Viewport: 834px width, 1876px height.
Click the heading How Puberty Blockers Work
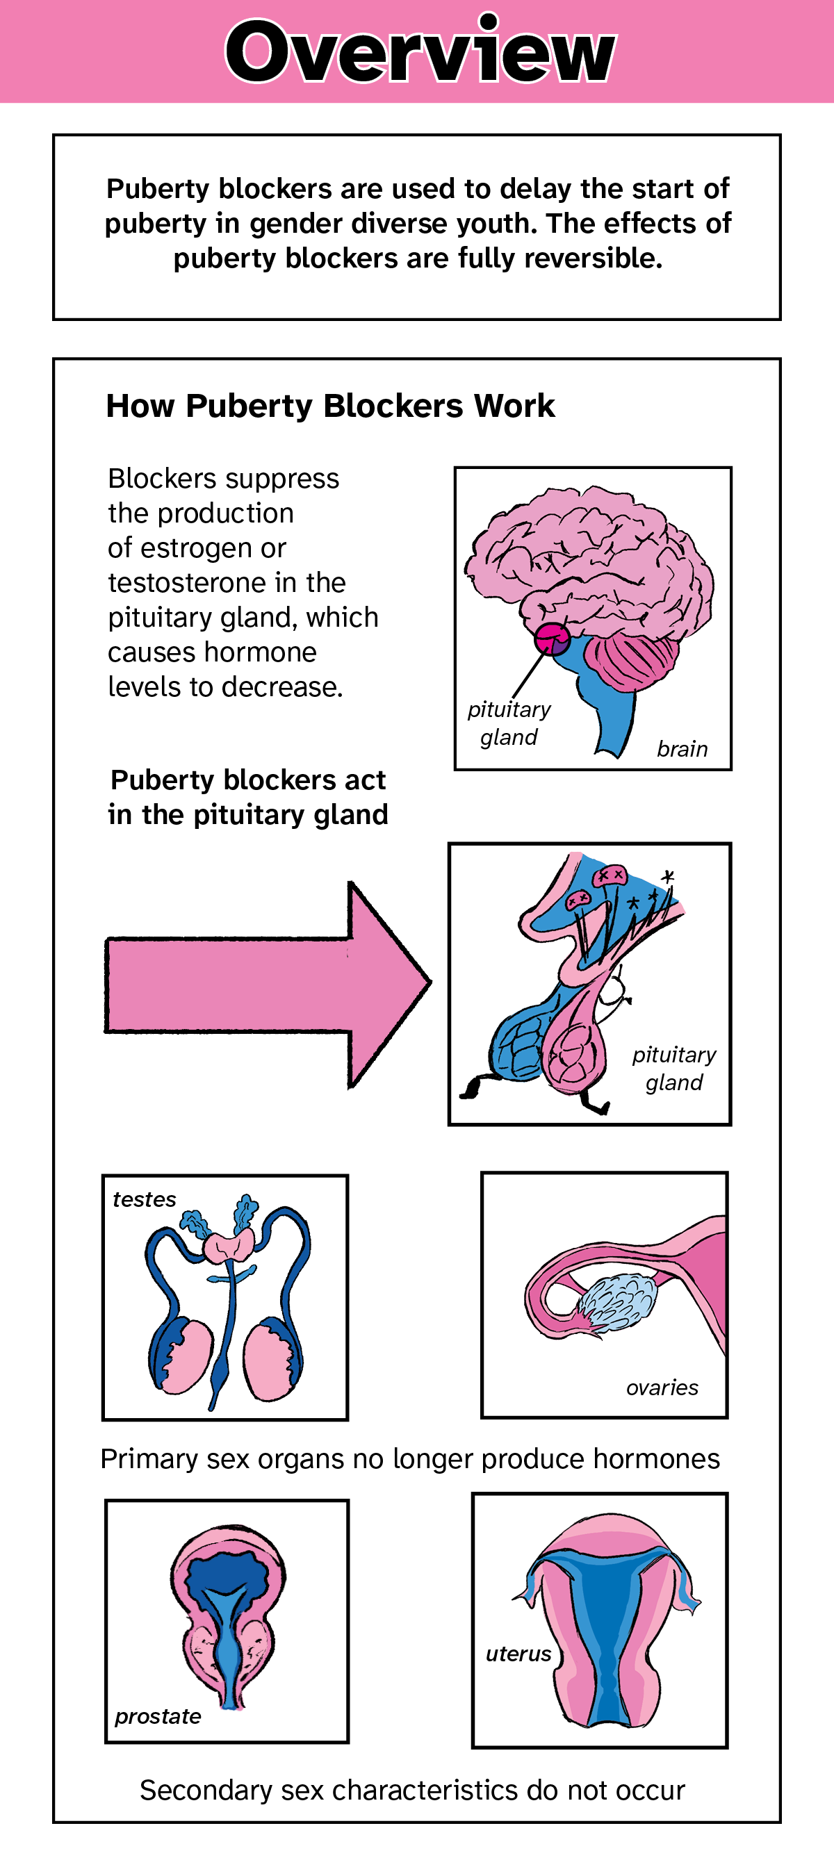(x=330, y=406)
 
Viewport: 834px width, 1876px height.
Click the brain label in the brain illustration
(x=682, y=748)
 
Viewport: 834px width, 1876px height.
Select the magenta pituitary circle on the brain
(x=551, y=639)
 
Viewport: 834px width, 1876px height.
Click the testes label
(x=145, y=1199)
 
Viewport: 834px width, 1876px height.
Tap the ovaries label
(x=662, y=1388)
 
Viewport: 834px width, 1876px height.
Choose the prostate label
(x=158, y=1716)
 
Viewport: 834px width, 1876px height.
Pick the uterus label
(x=518, y=1654)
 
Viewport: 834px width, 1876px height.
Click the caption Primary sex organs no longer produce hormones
(x=410, y=1459)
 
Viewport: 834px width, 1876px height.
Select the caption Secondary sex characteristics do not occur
(x=412, y=1790)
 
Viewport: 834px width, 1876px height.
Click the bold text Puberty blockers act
(x=247, y=780)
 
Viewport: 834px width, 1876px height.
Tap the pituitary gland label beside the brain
(x=509, y=723)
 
